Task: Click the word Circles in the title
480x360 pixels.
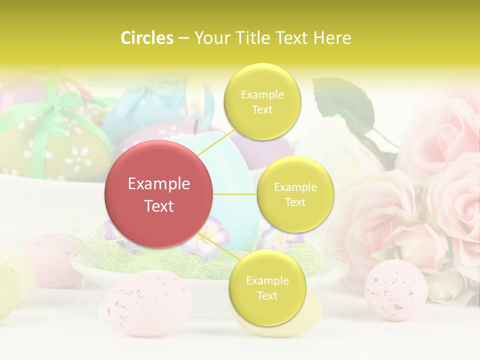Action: [147, 38]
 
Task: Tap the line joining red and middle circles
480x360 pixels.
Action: [235, 193]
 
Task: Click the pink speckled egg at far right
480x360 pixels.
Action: [395, 290]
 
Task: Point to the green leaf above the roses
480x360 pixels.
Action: [345, 102]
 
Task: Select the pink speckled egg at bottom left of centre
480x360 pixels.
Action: [146, 302]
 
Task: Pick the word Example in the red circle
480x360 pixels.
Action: [159, 184]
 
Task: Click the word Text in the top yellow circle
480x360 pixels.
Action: [262, 110]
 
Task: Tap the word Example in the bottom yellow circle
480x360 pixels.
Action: [267, 281]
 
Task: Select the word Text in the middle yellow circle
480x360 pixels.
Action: [295, 202]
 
